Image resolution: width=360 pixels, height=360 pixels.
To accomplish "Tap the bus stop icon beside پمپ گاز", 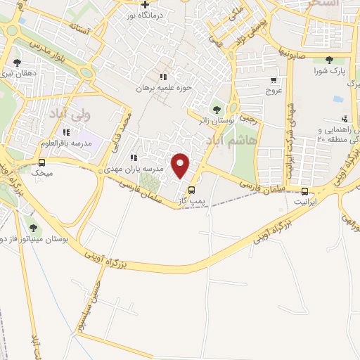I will tap(191, 189).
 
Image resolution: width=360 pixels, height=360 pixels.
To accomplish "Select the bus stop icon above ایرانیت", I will tap(304, 191).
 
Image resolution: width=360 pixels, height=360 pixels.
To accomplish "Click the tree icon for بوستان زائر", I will tap(216, 108).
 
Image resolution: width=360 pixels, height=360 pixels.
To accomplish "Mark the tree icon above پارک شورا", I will tap(330, 59).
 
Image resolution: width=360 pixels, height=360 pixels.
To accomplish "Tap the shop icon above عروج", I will tap(274, 80).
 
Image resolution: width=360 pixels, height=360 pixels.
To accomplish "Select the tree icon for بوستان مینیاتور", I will tap(33, 226).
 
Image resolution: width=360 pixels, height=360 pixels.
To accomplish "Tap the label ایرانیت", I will tap(304, 202).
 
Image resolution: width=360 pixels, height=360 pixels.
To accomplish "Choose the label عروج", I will tap(274, 91).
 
